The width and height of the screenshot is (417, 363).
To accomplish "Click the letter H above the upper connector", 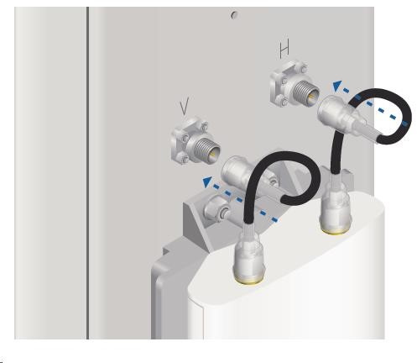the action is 284,50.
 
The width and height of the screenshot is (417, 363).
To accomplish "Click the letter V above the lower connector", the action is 185,106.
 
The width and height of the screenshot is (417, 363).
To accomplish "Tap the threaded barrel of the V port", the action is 206,150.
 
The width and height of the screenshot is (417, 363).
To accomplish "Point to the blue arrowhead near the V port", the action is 207,181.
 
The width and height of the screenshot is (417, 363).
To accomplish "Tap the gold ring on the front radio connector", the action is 249,280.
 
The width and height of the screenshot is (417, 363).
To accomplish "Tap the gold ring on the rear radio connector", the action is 335,230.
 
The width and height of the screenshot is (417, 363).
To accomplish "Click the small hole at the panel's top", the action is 234,14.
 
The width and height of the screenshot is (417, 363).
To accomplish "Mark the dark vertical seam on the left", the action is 87,173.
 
